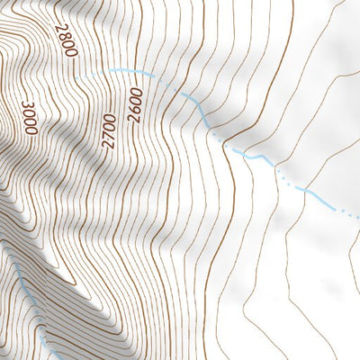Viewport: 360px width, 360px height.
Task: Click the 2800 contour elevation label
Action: (x=65, y=41)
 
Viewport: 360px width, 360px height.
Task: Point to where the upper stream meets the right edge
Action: (x=357, y=215)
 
